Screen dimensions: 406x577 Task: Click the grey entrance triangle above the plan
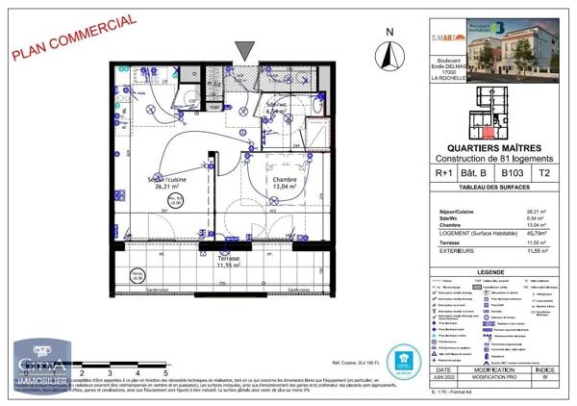click(x=246, y=48)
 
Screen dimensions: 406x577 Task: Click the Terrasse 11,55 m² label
click(x=228, y=261)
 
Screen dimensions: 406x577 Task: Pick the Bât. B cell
click(x=478, y=174)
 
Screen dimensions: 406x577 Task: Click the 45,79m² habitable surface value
click(x=537, y=232)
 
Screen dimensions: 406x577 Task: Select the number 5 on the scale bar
click(x=167, y=370)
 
